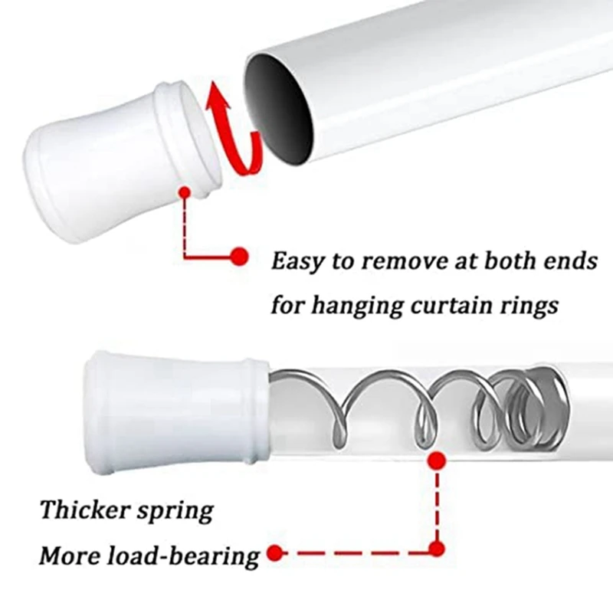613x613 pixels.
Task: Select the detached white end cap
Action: (115, 166)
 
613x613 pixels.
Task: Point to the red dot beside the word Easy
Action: (239, 257)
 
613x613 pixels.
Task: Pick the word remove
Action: (405, 261)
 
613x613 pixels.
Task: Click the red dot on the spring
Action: (437, 461)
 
